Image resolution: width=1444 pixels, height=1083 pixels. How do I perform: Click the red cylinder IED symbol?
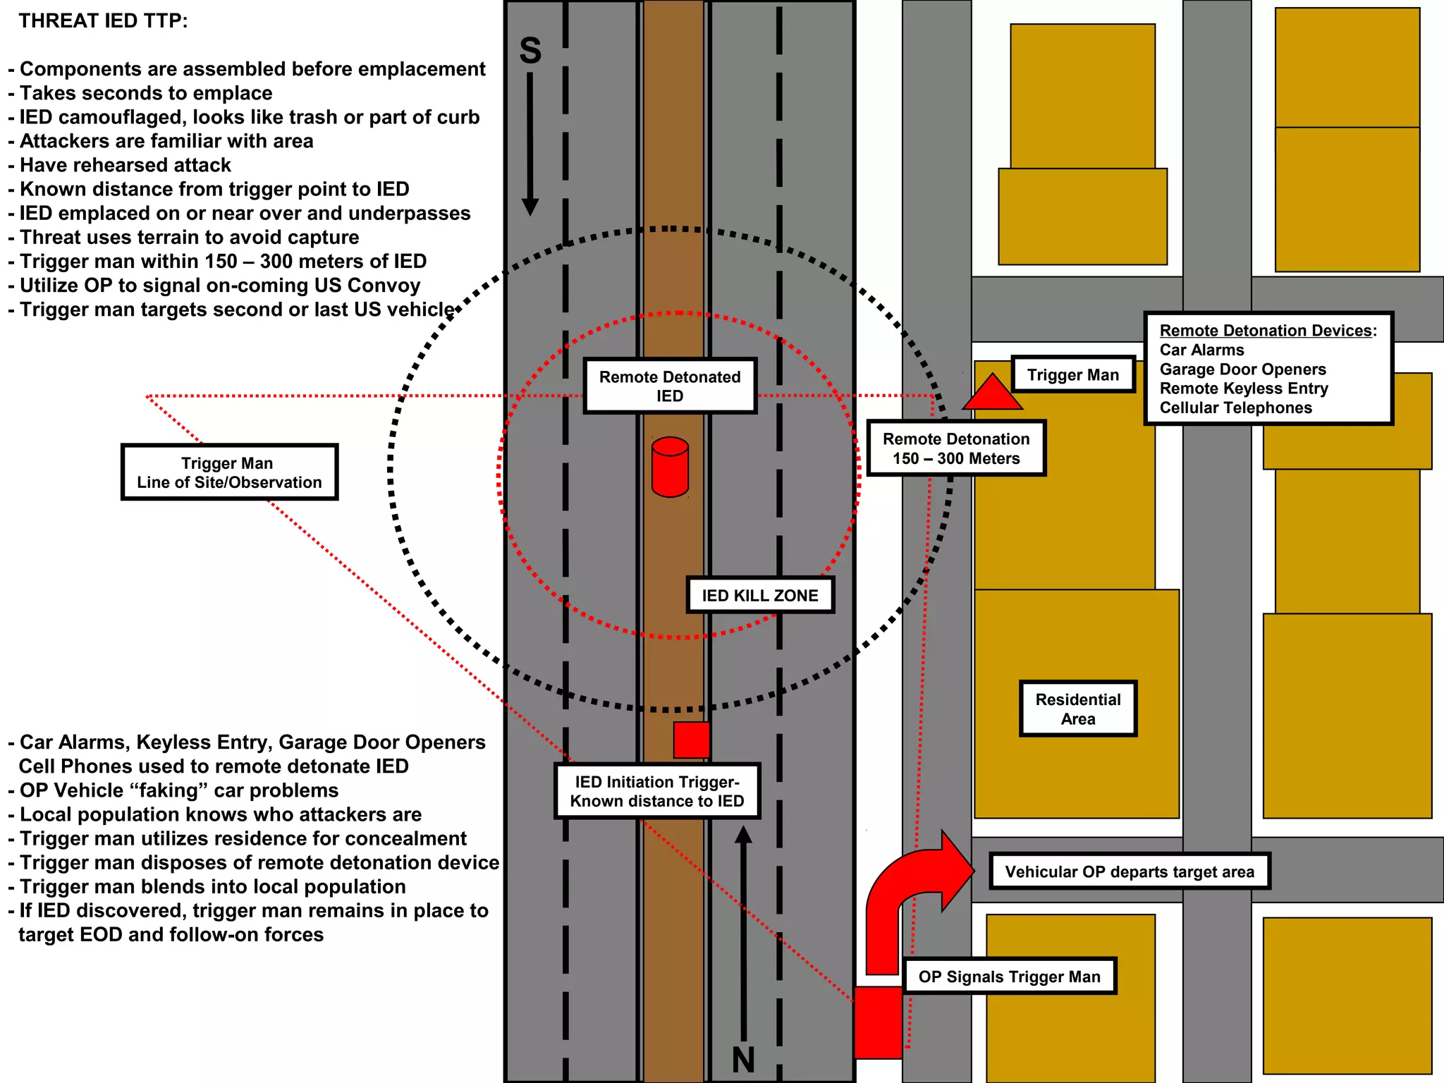670,467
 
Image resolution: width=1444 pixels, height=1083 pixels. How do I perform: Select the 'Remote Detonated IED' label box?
670,386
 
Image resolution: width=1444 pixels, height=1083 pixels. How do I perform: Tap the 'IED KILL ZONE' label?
760,595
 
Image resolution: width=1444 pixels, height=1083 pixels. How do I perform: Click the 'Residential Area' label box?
1078,709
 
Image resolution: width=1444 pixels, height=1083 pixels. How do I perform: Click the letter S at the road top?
530,51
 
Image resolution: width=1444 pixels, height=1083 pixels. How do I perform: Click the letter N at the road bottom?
743,1060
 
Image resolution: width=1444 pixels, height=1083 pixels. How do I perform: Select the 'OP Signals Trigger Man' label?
1009,977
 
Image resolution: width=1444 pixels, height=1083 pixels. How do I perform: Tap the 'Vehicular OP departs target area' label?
1130,871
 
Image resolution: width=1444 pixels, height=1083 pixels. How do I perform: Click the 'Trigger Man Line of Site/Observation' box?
229,472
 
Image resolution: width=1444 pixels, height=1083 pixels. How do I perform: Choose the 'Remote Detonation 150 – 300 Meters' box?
956,448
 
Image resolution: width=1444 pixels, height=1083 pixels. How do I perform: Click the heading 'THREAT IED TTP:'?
103,21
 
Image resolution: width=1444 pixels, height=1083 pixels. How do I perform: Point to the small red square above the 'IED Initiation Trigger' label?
691,740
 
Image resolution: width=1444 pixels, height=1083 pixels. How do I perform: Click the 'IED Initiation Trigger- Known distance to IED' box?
657,791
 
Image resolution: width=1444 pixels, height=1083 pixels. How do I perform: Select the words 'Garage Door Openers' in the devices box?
1242,369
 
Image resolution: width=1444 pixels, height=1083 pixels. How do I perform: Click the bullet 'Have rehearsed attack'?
125,165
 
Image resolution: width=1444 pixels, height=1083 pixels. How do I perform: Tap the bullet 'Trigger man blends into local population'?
212,886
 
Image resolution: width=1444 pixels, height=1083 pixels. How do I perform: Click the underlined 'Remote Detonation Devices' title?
1266,331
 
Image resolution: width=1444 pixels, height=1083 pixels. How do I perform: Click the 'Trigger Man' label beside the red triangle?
1072,374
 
